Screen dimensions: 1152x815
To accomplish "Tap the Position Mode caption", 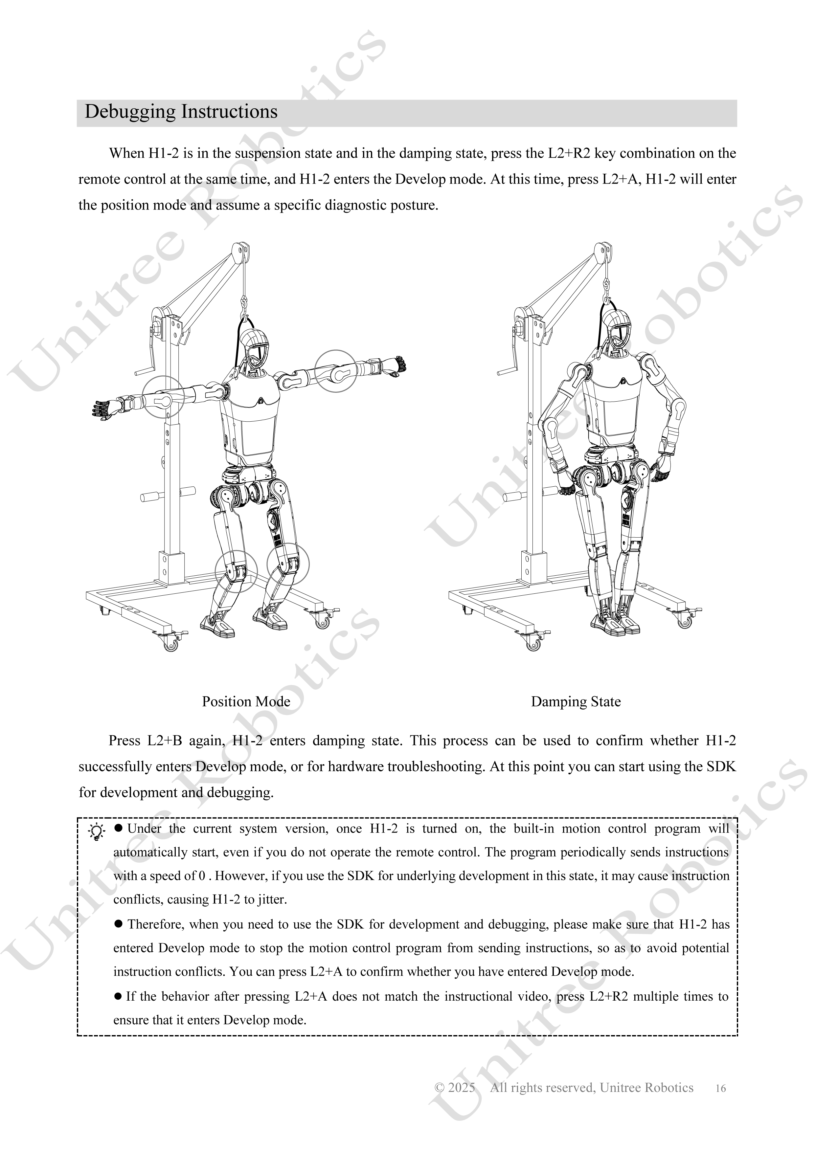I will [246, 701].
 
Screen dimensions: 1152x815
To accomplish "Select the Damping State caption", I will [576, 701].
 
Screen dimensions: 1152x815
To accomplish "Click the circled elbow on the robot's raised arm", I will [336, 371].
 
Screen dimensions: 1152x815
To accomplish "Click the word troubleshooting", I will [428, 767].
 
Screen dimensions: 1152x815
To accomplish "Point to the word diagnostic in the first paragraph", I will [357, 205].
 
